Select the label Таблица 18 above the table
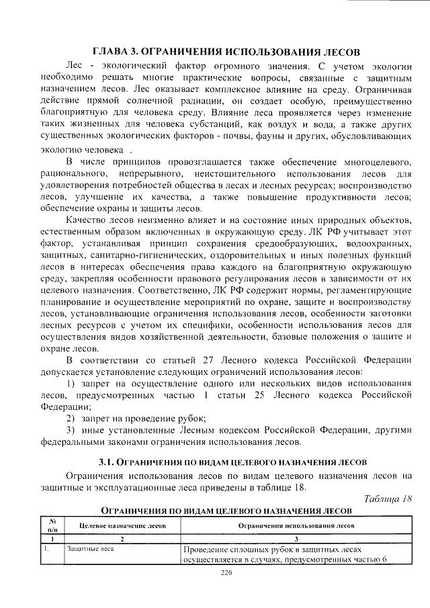[387, 498]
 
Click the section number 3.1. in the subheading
[108, 463]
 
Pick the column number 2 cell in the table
[122, 539]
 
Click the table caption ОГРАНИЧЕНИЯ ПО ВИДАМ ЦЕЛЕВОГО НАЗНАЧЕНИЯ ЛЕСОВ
[226, 511]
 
